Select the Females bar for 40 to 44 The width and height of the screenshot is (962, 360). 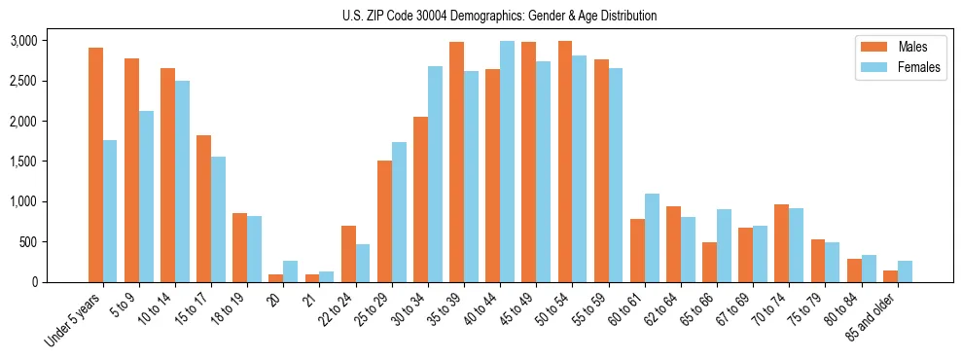click(x=507, y=162)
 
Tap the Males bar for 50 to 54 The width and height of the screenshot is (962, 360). click(x=564, y=162)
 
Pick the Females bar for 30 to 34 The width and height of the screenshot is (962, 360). click(x=435, y=174)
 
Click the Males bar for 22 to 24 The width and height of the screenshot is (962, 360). click(x=348, y=254)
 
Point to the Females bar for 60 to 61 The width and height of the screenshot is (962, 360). click(x=652, y=238)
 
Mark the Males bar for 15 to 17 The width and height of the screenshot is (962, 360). click(x=203, y=209)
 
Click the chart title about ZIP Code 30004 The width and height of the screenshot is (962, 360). click(x=499, y=16)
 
